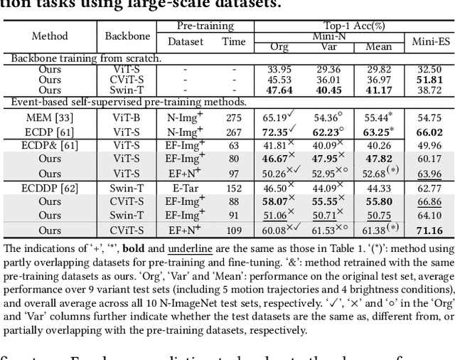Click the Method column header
[49, 36]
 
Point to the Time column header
[232, 41]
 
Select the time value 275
[232, 118]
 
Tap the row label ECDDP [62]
[49, 188]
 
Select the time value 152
[232, 188]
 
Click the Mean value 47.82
[378, 159]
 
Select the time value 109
[232, 231]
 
